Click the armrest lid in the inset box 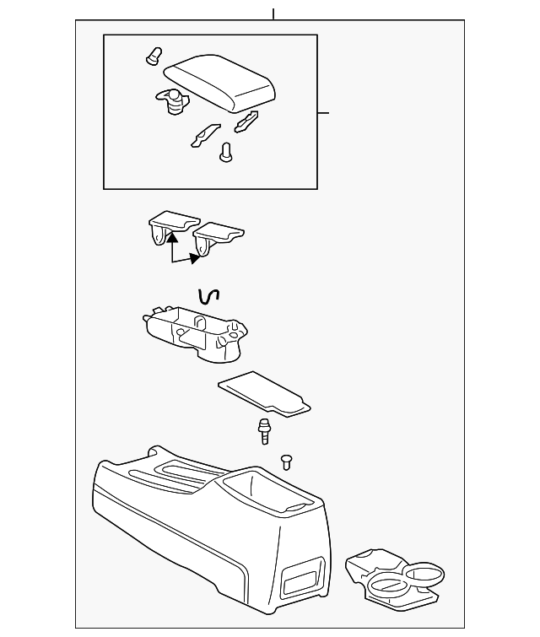[221, 83]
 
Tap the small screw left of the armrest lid [153, 57]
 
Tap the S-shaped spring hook [208, 295]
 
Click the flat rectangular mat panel [264, 392]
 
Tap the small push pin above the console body [286, 461]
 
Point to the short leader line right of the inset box [323, 112]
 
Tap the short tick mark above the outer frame [274, 14]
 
